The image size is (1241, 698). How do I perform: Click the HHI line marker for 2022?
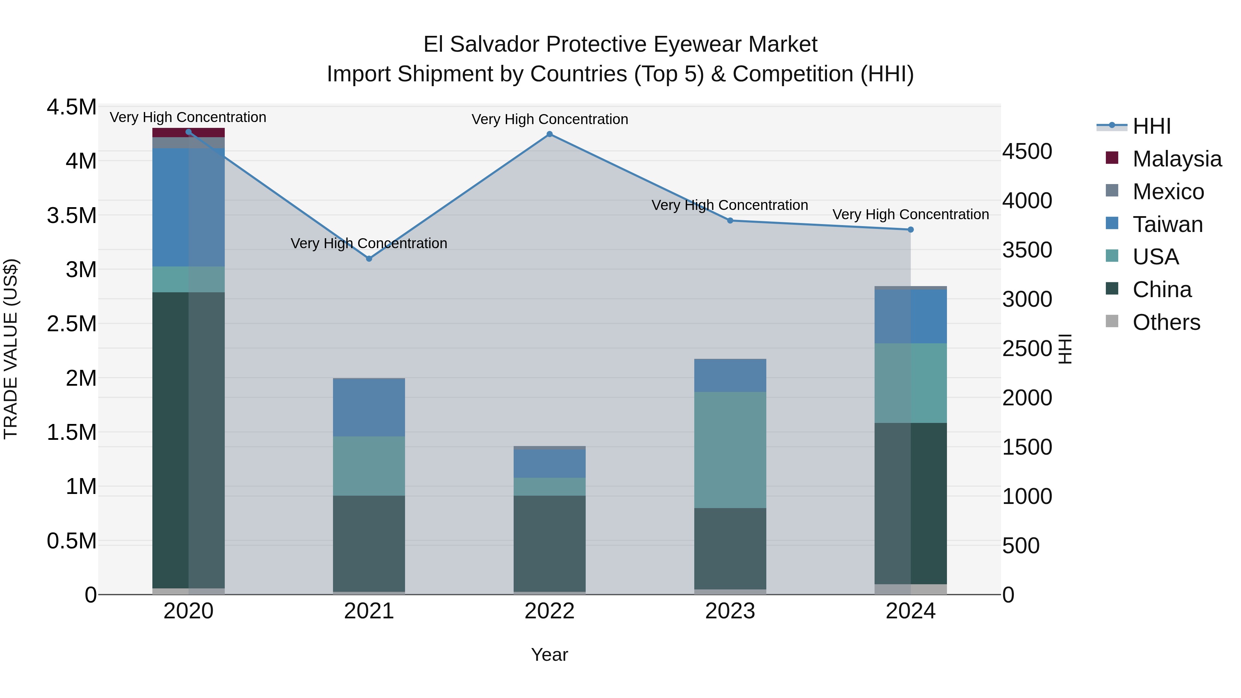coord(549,134)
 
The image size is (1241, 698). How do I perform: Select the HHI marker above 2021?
coord(369,259)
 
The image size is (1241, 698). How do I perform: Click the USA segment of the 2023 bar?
coord(730,449)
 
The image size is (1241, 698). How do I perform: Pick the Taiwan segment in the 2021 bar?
coord(369,407)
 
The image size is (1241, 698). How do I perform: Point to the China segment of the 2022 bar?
coord(549,543)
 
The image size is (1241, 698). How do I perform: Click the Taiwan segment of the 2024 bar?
coord(910,316)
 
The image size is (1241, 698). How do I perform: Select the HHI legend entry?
coord(1151,126)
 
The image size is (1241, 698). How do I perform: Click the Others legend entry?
coord(1166,322)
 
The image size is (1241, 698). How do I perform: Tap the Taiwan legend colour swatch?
coord(1112,223)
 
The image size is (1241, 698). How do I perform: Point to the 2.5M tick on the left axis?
coord(71,324)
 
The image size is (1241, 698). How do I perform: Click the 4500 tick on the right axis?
coord(1027,151)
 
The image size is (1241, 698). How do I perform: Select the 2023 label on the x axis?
coord(730,611)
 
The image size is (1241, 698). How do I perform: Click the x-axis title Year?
coord(549,655)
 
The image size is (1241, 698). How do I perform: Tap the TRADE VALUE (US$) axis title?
coord(11,349)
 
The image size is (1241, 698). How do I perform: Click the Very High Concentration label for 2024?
coord(910,214)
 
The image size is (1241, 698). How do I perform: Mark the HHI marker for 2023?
coord(730,221)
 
